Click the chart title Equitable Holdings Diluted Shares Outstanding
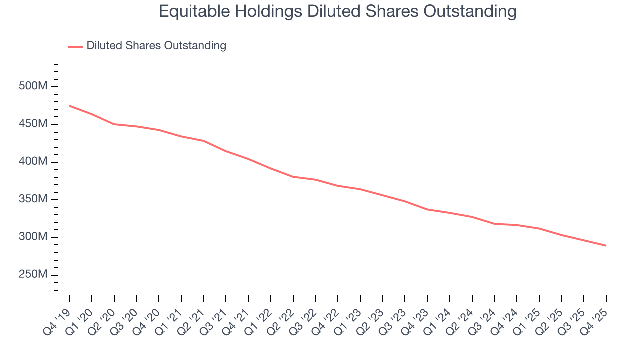point(337,11)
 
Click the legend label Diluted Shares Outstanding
point(156,46)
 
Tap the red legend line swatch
point(75,47)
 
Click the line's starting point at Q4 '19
point(69,106)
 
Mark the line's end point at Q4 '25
point(606,246)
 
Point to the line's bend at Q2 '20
point(114,124)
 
